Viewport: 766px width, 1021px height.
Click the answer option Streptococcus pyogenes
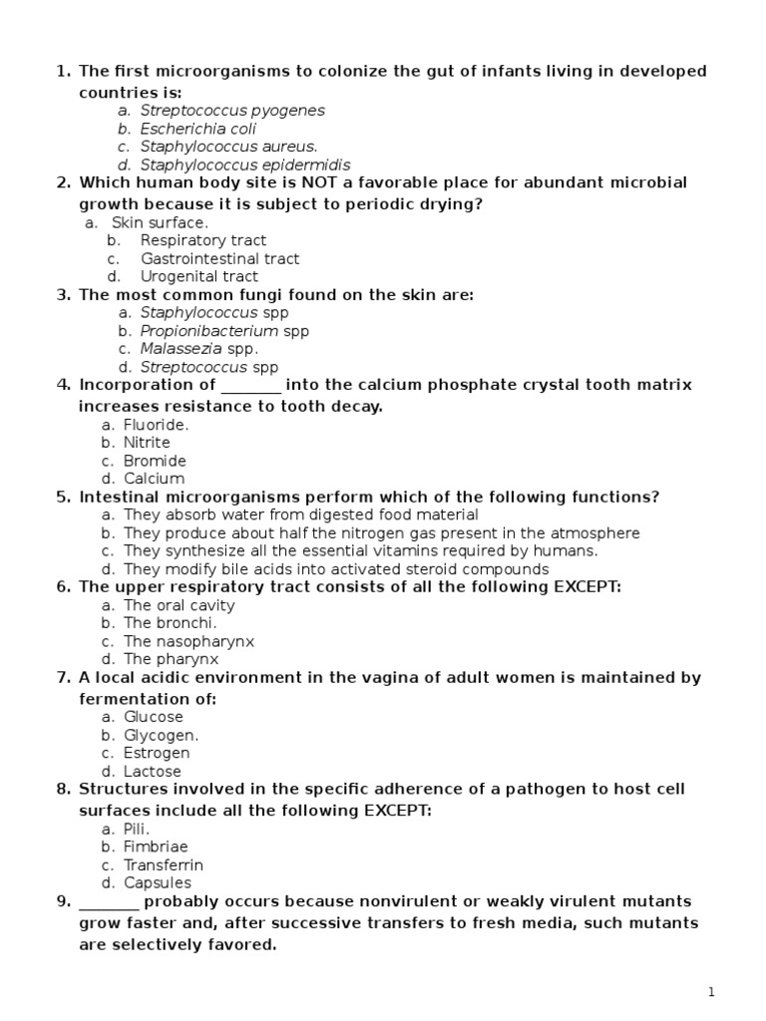(231, 111)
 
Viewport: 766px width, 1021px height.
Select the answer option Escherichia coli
(197, 129)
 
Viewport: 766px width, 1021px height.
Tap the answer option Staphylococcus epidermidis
(244, 165)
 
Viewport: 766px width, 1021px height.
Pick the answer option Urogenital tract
(198, 276)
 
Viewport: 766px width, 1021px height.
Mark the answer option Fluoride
(156, 425)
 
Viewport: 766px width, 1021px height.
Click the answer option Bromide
(155, 461)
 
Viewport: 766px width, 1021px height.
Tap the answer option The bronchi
(170, 623)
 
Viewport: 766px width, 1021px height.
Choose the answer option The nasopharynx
(189, 641)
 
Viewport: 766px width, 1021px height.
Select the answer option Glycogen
(161, 735)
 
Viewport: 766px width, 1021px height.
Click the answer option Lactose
(152, 771)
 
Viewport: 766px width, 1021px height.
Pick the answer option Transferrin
(163, 865)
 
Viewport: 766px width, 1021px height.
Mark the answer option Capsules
(157, 883)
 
